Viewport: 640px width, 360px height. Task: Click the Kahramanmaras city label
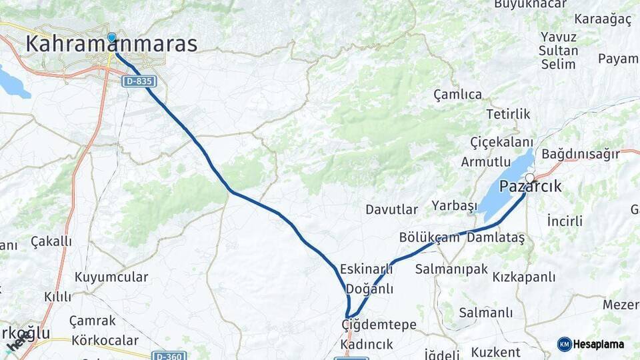[111, 45]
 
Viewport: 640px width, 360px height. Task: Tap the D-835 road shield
[139, 81]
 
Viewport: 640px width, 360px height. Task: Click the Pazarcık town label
[531, 187]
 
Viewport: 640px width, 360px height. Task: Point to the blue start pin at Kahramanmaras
[111, 37]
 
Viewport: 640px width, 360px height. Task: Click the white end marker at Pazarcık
[530, 177]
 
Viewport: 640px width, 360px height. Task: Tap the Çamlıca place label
[457, 95]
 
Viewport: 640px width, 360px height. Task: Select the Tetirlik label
[508, 114]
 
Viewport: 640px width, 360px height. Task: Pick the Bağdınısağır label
[581, 155]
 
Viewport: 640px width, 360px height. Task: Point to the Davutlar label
[391, 209]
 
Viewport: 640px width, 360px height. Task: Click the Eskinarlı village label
[366, 269]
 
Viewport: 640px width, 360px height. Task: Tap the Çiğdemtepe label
[379, 325]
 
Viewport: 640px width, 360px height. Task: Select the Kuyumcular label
[111, 277]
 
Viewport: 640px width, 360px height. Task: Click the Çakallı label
[51, 241]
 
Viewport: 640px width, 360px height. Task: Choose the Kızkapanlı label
[524, 277]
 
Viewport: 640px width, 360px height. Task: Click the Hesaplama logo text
[598, 345]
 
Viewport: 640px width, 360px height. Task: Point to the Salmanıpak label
[451, 269]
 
